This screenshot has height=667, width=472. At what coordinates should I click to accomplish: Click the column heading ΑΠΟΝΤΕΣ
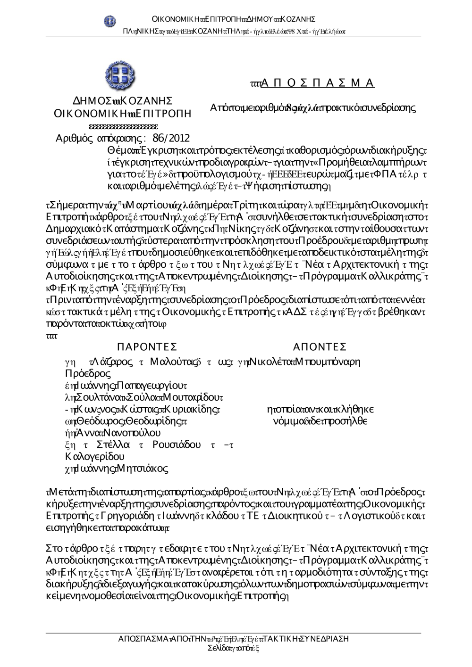coord(320,347)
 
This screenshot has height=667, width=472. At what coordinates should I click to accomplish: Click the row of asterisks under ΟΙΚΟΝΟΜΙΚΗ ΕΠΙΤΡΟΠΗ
coord(123,126)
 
